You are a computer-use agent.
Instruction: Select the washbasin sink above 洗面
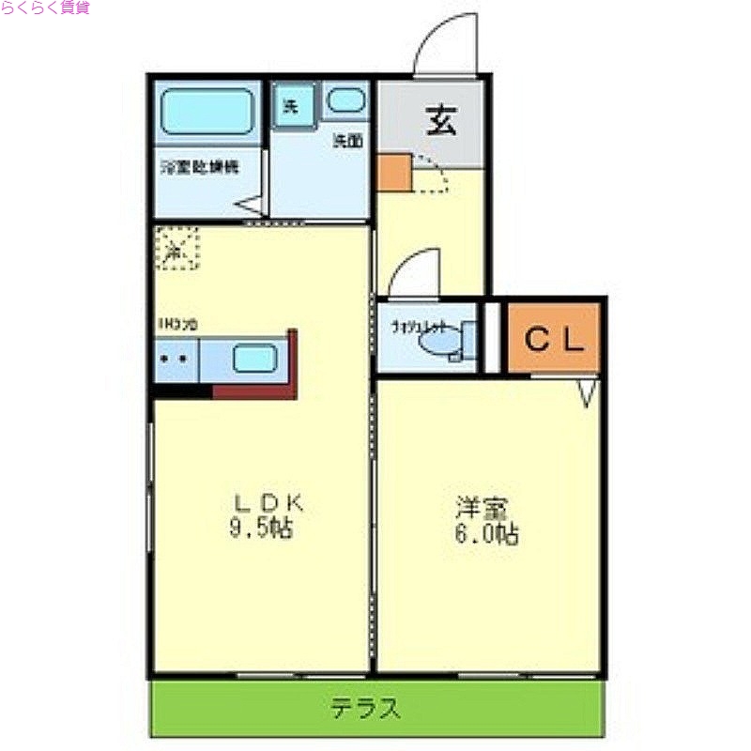pos(347,101)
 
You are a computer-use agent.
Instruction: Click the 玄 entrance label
pos(440,119)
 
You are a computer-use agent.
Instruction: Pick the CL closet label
pos(554,338)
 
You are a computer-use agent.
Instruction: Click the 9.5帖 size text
pos(258,529)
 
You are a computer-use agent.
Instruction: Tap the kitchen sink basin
pos(254,359)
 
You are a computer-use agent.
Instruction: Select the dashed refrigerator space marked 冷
pos(176,248)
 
